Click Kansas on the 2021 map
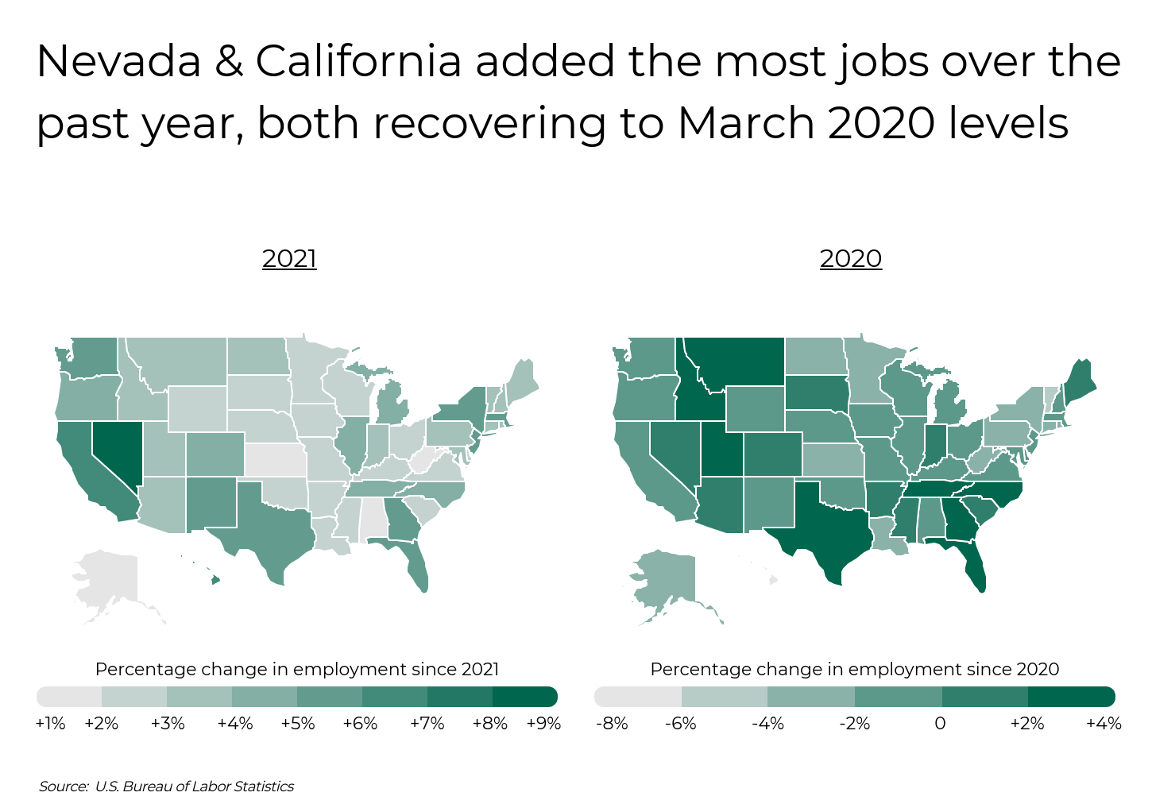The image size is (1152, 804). coord(275,460)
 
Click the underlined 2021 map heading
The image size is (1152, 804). coord(289,259)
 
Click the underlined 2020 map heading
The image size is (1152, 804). coord(850,259)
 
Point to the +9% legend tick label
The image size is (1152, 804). coord(543,724)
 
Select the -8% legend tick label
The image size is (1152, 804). coord(611,724)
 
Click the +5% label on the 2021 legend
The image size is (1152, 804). coord(297,724)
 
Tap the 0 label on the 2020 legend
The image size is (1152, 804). coord(940,724)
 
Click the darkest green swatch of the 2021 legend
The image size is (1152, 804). coord(524,698)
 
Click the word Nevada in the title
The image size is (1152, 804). coord(119,62)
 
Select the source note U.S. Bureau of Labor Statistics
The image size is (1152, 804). coord(194,787)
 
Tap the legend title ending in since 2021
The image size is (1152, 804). coord(297,670)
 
